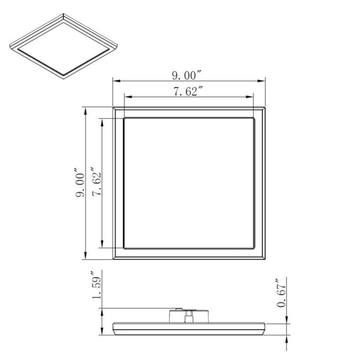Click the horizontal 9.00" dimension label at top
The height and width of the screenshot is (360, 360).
click(186, 75)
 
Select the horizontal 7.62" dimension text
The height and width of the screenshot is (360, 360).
click(187, 92)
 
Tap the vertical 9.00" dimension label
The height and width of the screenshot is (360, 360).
click(80, 184)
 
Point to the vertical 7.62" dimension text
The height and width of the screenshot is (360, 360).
click(96, 184)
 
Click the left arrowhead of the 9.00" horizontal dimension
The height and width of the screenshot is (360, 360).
click(116, 81)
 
